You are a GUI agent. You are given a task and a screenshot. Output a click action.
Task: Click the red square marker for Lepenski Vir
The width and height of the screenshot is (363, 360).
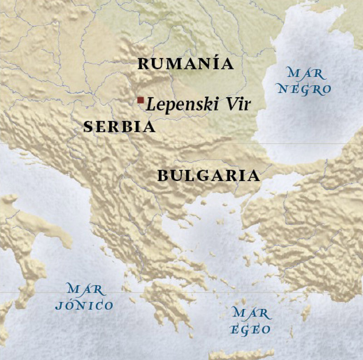(141, 100)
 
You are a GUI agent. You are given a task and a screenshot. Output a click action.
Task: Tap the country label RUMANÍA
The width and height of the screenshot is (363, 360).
(186, 64)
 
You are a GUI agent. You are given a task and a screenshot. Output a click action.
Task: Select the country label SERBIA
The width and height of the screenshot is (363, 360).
(119, 127)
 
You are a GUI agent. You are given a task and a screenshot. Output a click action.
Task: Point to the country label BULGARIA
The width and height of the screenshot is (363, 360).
(209, 176)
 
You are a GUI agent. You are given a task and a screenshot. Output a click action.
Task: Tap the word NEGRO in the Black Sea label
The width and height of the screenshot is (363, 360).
(304, 89)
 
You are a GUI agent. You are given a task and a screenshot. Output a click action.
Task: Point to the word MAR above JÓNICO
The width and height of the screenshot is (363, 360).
(85, 288)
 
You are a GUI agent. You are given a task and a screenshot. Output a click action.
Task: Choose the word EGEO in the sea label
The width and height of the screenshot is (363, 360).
(251, 330)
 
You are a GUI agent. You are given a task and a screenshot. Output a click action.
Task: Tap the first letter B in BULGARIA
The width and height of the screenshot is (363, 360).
(163, 176)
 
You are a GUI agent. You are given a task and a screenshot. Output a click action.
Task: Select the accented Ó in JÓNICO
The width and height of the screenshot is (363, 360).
(69, 305)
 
